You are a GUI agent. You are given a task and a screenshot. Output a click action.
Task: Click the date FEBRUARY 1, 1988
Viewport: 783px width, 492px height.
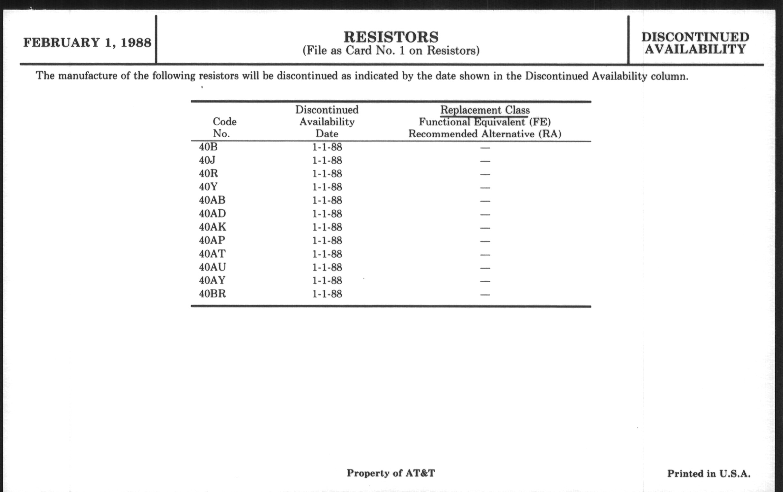tap(87, 43)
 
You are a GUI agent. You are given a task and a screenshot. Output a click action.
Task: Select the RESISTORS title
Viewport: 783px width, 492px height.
tap(391, 37)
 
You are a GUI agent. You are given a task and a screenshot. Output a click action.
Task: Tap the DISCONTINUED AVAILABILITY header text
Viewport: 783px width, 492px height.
tap(695, 43)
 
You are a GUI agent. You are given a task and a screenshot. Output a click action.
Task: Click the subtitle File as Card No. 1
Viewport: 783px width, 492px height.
tap(391, 51)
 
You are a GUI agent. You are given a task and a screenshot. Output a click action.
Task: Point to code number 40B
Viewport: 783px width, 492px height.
tap(208, 147)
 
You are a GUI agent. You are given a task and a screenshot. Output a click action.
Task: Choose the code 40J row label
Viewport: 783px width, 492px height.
tap(207, 160)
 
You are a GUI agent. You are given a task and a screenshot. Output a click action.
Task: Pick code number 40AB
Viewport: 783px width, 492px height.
tap(212, 200)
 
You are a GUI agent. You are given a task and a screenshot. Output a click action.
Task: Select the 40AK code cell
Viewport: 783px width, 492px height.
tap(212, 227)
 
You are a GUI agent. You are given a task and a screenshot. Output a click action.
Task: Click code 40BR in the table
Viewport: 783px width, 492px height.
tap(212, 294)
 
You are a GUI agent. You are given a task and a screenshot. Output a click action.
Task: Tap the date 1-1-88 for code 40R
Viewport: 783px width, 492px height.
tap(327, 174)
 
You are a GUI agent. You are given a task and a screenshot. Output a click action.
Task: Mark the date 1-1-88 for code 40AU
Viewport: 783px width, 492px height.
tap(327, 267)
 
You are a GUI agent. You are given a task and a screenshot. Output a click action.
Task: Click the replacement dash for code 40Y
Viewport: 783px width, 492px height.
tap(485, 188)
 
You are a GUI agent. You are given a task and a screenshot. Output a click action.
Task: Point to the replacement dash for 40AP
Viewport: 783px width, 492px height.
tap(485, 241)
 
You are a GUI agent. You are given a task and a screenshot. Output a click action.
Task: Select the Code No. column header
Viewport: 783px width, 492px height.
tap(224, 127)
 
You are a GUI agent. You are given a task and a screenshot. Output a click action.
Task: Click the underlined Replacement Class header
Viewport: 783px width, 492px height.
tap(485, 110)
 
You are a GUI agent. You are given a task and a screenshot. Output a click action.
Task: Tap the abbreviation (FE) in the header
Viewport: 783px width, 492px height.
tap(540, 122)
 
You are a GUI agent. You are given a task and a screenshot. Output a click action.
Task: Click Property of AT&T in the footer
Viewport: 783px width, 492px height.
tap(391, 473)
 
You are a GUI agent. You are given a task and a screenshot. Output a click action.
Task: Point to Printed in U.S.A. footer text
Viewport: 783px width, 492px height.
tap(709, 473)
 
